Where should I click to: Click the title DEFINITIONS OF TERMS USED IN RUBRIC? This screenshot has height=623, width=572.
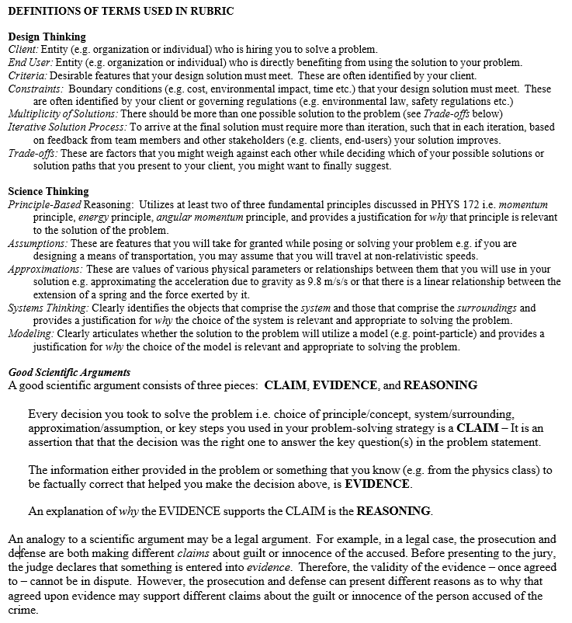[x=120, y=12]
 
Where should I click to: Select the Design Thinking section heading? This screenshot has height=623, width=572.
[x=47, y=37]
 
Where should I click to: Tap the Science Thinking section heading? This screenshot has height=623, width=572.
[x=48, y=191]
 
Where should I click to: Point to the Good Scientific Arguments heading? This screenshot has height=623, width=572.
[x=69, y=372]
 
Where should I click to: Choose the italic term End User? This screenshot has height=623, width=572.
[x=30, y=62]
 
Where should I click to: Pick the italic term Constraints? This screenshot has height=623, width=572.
[x=35, y=89]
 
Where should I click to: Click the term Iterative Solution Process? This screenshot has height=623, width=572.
[x=68, y=127]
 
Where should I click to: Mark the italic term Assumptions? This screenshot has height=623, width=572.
[x=38, y=243]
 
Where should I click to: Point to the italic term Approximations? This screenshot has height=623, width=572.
[x=44, y=269]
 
